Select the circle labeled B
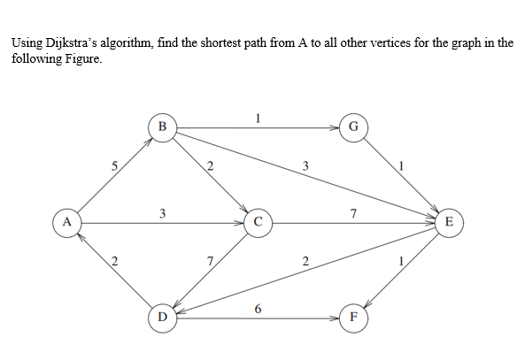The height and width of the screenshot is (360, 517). pos(162,126)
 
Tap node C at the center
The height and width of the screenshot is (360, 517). pos(257,221)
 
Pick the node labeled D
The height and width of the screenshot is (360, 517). pos(162,316)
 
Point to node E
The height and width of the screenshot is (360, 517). pos(448,221)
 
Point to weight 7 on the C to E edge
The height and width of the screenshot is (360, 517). pos(353,213)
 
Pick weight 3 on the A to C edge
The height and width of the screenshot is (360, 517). pos(162,213)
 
